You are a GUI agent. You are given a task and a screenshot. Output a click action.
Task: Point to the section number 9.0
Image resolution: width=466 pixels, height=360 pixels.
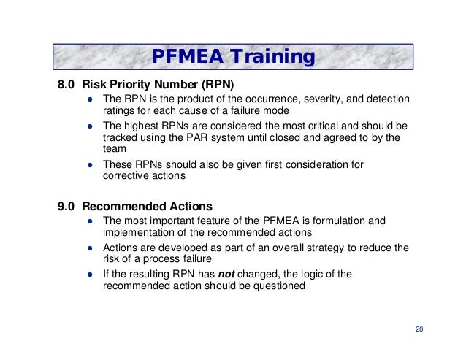coord(67,205)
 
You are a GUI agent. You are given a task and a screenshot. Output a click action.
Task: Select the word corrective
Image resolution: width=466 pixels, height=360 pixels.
coord(126,176)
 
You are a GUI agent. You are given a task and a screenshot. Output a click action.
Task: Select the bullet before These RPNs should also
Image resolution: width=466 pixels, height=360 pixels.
coord(88,164)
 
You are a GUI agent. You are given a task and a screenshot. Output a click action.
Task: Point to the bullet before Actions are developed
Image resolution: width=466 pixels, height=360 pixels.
coord(88,248)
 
